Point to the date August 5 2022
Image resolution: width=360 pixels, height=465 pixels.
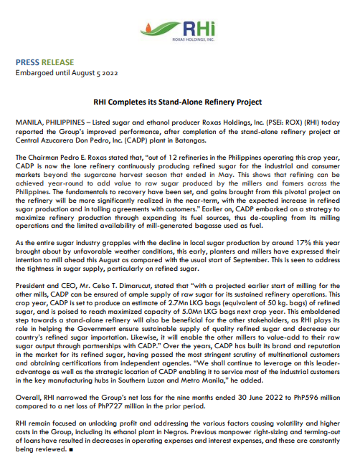coord(87,72)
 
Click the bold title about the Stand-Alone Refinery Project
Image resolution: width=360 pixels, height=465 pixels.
coord(179,103)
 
